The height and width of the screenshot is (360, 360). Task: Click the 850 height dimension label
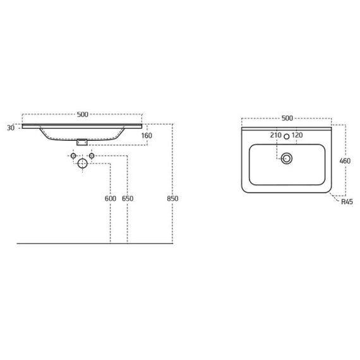[x=172, y=198]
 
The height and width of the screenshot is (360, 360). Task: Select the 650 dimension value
[x=128, y=198]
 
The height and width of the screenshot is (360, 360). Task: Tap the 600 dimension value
[x=111, y=198]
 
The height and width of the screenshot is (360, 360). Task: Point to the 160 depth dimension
[x=147, y=135]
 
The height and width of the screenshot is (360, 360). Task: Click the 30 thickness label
[x=11, y=128]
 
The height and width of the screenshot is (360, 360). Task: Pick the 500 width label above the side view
[x=83, y=114]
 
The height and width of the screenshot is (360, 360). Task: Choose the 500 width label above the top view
[x=287, y=118]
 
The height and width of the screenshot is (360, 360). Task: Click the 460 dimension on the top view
[x=345, y=161]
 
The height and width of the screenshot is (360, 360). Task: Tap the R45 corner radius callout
[x=347, y=202]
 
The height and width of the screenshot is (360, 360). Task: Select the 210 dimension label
[x=276, y=135]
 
